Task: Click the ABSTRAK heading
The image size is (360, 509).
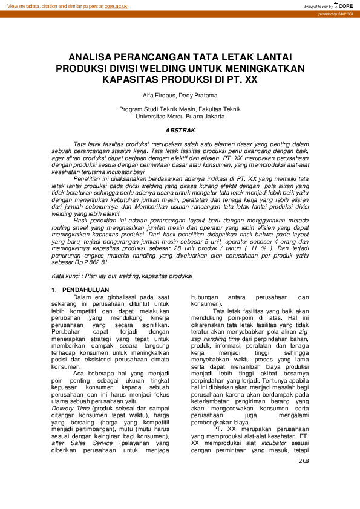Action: pyautogui.click(x=180, y=131)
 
